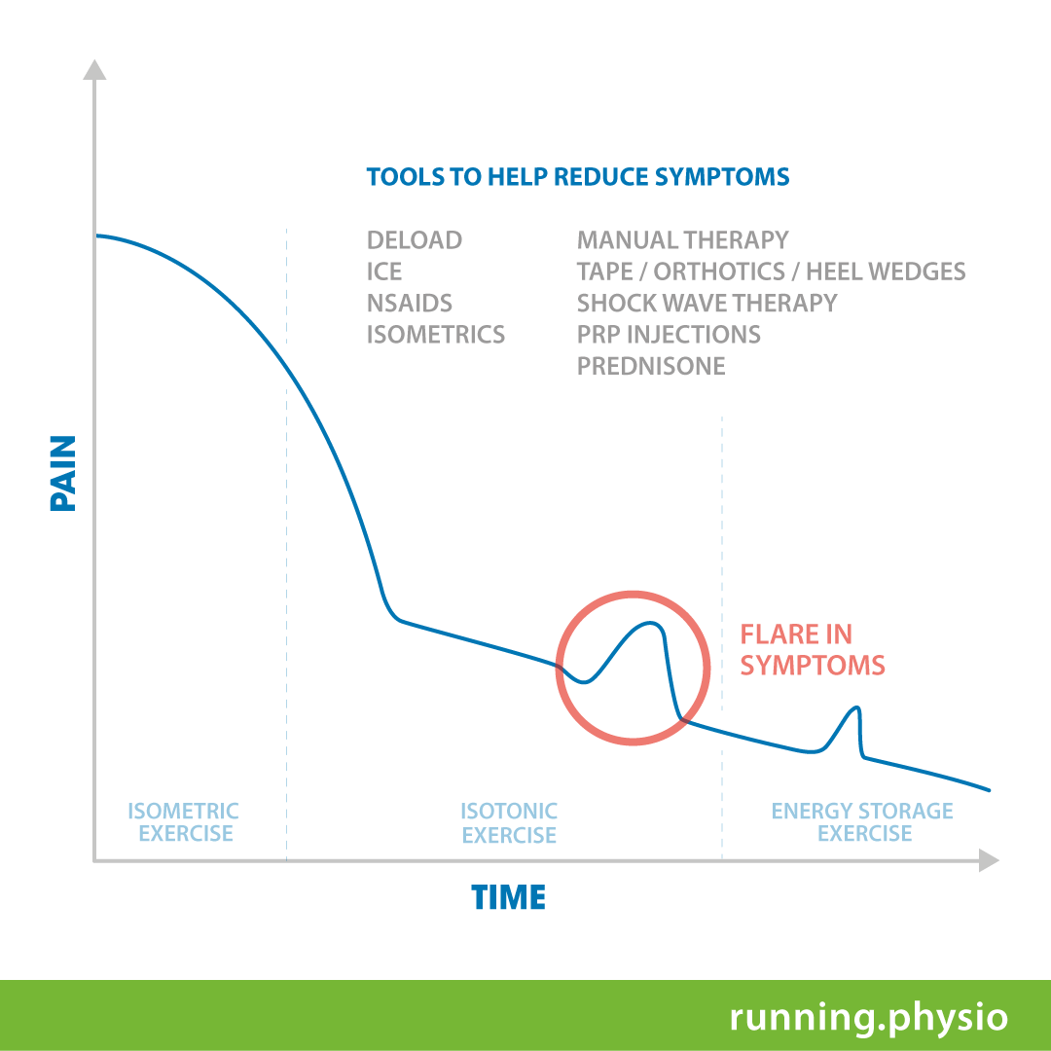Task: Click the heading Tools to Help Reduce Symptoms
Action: point(577,177)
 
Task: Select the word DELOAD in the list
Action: point(415,240)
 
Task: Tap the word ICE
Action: point(384,272)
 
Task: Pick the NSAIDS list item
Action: point(410,303)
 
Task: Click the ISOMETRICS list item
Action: point(436,335)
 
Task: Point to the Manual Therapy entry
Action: point(682,240)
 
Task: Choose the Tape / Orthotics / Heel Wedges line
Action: point(771,272)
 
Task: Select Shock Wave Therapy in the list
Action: point(707,303)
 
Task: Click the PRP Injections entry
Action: point(669,335)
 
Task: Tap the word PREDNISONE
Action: point(651,366)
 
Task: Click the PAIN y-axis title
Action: point(62,474)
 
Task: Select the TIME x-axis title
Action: point(508,897)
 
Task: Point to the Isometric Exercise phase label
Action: point(184,822)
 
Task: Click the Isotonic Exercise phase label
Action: point(509,823)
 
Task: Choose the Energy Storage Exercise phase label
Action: point(862,822)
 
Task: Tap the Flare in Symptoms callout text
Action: point(812,650)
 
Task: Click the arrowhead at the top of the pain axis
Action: point(94,70)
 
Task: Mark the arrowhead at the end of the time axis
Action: point(989,860)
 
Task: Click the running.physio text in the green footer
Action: point(868,1017)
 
